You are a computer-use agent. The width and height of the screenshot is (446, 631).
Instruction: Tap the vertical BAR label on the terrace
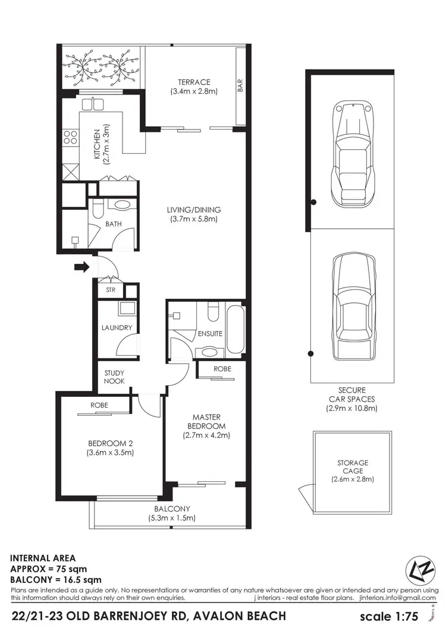240,86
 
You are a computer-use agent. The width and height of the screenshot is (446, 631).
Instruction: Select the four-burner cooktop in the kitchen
71,138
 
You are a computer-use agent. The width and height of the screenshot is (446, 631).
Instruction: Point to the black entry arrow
80,267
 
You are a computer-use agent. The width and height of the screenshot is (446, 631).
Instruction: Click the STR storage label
111,291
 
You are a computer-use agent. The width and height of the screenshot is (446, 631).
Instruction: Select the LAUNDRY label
117,327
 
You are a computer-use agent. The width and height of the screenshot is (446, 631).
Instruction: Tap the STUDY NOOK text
114,377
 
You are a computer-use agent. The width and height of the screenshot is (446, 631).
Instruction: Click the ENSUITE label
210,333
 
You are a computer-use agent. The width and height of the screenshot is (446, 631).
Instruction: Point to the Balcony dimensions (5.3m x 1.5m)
172,518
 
